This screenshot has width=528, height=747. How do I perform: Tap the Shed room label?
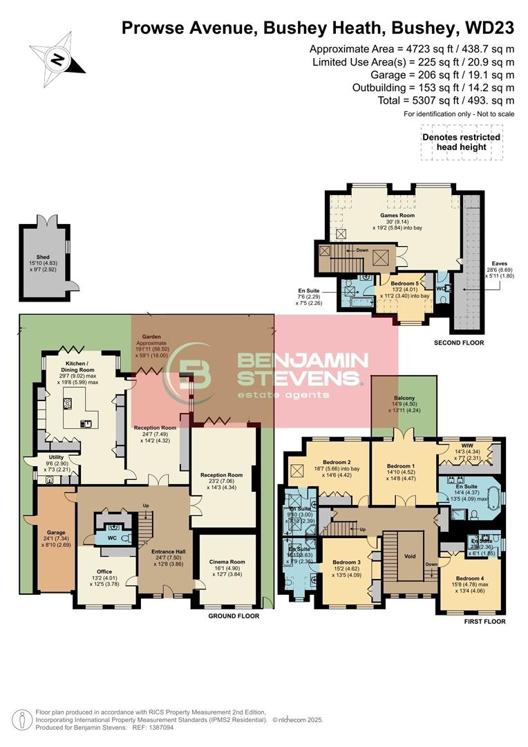(x=43, y=257)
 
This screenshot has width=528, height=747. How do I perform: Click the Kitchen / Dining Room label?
(x=77, y=367)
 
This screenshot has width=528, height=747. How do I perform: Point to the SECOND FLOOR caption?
(x=459, y=342)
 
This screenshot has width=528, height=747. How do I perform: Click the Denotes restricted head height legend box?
(x=461, y=142)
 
